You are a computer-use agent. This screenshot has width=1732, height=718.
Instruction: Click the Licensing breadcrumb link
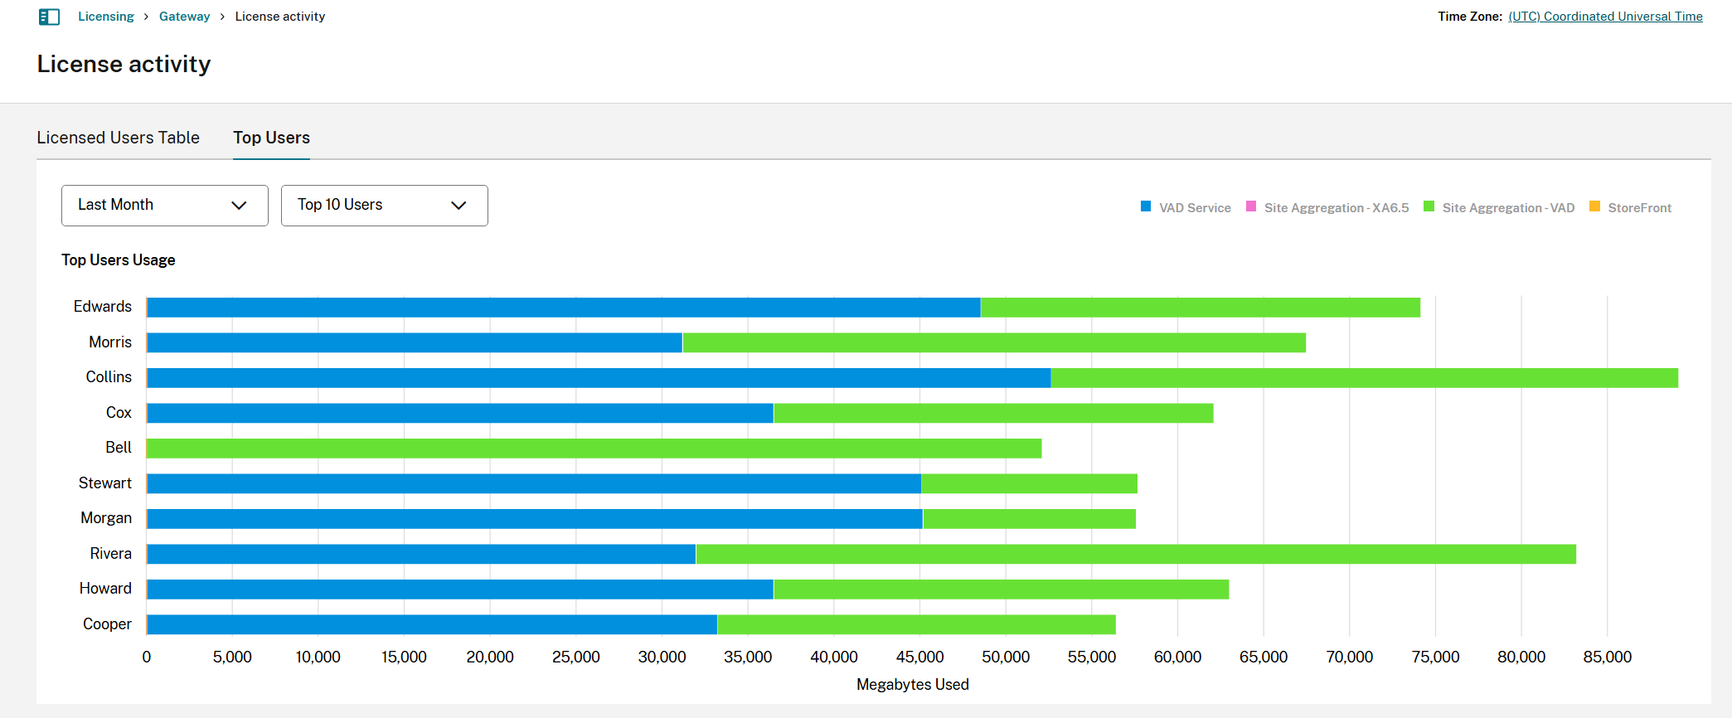[105, 17]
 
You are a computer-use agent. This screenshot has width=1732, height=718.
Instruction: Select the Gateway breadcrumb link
[184, 17]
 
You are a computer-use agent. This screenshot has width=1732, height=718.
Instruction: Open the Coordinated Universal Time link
[1605, 17]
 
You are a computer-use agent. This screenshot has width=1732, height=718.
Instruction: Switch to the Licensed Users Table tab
[118, 138]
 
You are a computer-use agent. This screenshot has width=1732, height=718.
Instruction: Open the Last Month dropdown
[165, 206]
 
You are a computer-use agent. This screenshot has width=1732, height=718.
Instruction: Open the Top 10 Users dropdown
[384, 206]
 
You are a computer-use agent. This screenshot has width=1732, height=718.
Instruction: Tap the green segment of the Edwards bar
[1200, 308]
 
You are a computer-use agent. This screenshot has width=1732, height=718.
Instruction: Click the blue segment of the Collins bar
[598, 378]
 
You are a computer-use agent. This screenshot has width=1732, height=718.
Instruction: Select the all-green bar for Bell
[594, 449]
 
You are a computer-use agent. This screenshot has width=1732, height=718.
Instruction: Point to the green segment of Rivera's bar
[1135, 554]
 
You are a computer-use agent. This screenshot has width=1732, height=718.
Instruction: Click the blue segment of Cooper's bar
[431, 624]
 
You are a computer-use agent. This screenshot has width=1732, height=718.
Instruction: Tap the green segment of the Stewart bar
[1029, 483]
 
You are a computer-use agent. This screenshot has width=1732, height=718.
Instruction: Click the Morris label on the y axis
[110, 342]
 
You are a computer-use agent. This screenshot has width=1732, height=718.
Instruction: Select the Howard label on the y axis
[105, 589]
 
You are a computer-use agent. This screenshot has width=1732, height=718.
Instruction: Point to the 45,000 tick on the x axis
[919, 657]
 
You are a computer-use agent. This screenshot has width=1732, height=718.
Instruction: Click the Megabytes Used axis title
[912, 685]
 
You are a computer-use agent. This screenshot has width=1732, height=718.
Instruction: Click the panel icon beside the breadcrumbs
[50, 17]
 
